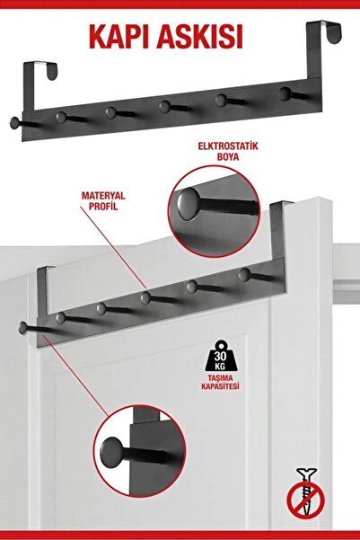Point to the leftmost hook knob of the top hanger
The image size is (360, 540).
click(x=15, y=121)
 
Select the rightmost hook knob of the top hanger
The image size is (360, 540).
click(x=284, y=93)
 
